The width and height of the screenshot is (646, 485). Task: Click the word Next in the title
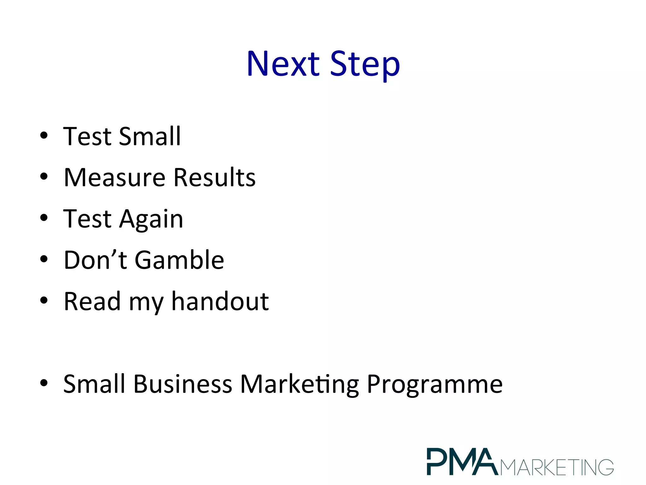283,64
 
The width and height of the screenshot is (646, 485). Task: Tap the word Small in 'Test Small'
150,136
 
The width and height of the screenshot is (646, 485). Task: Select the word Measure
115,177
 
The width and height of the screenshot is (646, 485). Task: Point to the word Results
214,177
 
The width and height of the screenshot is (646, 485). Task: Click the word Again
151,219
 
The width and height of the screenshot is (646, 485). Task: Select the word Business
183,384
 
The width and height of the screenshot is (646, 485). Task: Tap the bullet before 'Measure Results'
44,177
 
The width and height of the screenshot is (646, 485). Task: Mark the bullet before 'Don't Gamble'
44,259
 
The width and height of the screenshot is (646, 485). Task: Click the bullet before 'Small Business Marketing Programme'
44,383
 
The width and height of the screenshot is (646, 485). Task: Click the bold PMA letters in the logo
462,461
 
